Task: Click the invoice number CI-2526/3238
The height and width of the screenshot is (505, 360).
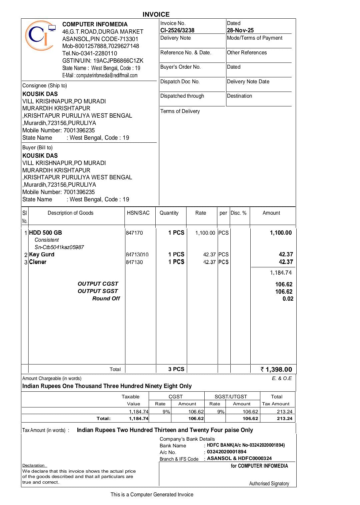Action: [177, 30]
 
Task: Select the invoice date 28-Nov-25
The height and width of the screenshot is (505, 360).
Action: [240, 30]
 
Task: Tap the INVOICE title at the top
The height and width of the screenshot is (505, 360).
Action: [156, 14]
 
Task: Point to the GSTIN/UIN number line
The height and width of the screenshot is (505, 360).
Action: [103, 61]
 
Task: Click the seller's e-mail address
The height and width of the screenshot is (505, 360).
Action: [100, 75]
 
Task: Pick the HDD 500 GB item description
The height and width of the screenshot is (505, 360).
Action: [45, 233]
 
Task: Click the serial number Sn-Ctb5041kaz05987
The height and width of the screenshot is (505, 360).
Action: [59, 247]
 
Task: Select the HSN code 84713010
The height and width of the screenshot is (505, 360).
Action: [137, 255]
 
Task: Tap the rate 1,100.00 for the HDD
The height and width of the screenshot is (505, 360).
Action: [205, 233]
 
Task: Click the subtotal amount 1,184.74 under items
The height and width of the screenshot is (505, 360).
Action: [281, 273]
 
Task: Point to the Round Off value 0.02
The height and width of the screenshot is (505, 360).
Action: [288, 299]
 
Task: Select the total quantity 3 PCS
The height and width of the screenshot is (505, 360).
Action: [176, 369]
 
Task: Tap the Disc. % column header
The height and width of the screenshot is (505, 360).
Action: [238, 213]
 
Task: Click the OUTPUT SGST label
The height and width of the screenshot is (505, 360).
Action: [98, 291]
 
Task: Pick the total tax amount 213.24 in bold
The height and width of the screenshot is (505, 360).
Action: [284, 418]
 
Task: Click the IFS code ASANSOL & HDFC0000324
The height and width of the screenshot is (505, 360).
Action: [239, 458]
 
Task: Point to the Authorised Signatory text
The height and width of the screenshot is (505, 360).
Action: [269, 483]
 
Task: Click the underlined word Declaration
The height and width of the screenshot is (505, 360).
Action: [33, 465]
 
